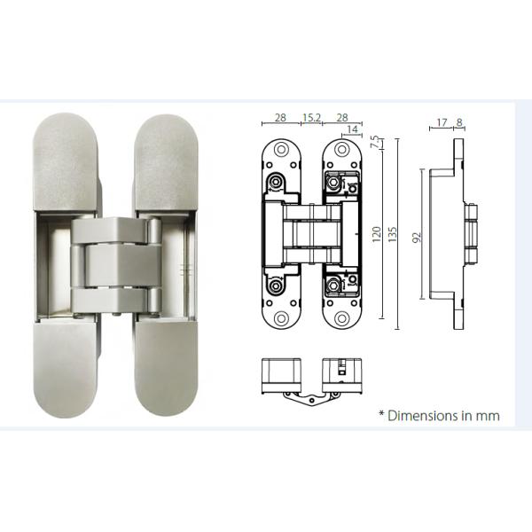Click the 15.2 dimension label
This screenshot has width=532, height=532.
pos(311,117)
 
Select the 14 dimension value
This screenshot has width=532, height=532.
pos(353,129)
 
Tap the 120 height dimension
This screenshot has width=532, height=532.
pos(376,233)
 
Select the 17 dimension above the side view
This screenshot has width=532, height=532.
pos(442,123)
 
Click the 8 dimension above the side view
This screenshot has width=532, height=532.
pos(459,123)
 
